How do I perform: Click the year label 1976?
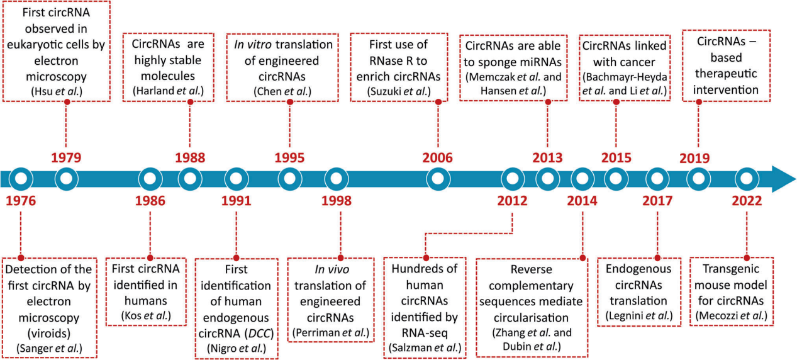(x=21, y=201)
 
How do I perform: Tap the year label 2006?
(x=438, y=158)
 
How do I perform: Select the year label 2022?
(x=747, y=201)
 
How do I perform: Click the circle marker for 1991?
(x=236, y=179)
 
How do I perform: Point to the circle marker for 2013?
(x=547, y=179)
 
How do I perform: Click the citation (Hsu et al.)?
(x=56, y=91)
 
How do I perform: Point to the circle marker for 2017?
(x=657, y=179)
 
